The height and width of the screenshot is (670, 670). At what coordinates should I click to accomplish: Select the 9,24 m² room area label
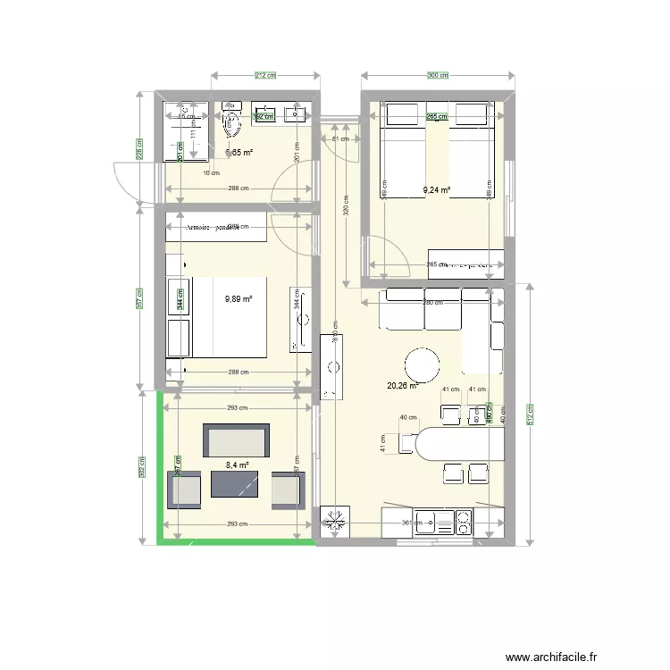(x=436, y=189)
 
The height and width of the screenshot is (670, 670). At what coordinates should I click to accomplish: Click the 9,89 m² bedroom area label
(x=239, y=300)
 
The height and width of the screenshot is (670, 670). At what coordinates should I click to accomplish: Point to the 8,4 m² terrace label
(x=238, y=465)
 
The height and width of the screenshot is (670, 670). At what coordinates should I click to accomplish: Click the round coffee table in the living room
(x=422, y=364)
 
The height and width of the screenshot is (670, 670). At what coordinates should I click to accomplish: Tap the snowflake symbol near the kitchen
(x=339, y=523)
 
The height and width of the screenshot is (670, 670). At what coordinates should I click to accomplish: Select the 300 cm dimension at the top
(x=438, y=76)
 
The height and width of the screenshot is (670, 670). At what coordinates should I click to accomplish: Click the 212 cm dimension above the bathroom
(x=264, y=76)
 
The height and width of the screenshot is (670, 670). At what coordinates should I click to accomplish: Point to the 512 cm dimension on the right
(x=531, y=415)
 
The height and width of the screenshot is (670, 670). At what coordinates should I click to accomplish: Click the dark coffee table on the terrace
(x=235, y=483)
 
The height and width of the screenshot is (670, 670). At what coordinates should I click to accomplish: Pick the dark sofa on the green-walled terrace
(x=237, y=440)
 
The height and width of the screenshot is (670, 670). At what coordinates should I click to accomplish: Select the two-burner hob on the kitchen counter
(x=464, y=523)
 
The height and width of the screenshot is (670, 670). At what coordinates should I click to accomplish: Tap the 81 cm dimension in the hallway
(x=339, y=138)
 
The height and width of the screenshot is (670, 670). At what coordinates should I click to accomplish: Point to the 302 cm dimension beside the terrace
(x=141, y=466)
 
